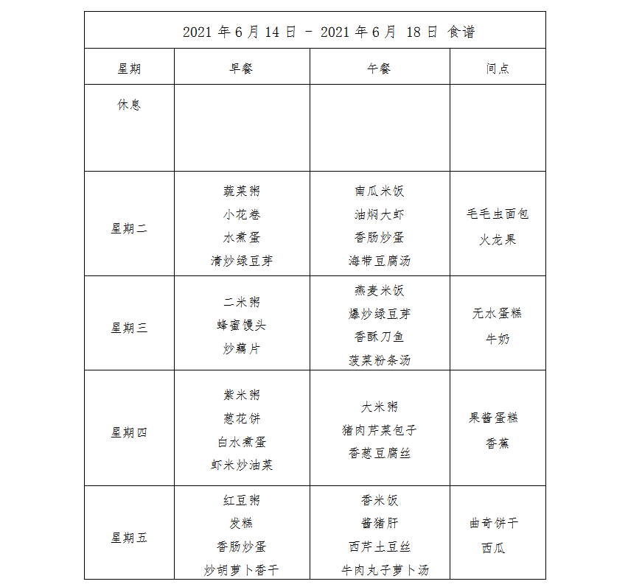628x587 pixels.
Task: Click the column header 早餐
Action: point(242,68)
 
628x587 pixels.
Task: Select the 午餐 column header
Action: point(380,68)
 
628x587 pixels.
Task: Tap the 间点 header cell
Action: point(498,68)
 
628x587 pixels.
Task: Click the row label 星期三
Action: point(129,328)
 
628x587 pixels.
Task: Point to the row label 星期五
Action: point(129,538)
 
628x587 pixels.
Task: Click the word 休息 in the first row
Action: point(129,105)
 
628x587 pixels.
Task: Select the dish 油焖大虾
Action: point(380,215)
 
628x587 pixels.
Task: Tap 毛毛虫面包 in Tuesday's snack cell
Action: point(498,214)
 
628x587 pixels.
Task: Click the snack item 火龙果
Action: point(498,239)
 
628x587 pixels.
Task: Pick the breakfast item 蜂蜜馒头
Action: point(242,326)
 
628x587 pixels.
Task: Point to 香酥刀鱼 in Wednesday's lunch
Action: point(380,337)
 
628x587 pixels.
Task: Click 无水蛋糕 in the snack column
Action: point(498,313)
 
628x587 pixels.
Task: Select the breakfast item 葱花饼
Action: point(242,419)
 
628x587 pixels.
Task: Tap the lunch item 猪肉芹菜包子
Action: point(380,430)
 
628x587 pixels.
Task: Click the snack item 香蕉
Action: point(498,443)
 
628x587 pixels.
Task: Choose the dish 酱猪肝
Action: point(380,524)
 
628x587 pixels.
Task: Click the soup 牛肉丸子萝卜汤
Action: point(384,570)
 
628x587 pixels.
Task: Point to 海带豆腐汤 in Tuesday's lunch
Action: point(380,261)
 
